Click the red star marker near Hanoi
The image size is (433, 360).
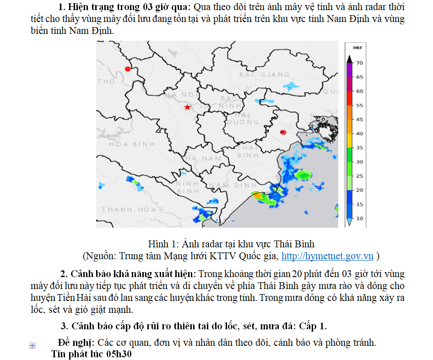click(187, 107)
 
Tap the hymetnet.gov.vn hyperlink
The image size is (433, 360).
click(327, 256)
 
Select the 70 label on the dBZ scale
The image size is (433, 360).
click(360, 63)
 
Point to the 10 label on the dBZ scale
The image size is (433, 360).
click(360, 218)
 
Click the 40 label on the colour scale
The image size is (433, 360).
click(360, 134)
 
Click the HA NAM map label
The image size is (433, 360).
click(203, 158)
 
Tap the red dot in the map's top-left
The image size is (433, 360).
click(128, 69)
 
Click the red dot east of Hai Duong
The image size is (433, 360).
click(282, 132)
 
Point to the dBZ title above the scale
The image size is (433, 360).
click(357, 48)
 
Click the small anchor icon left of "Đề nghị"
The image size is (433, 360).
click(32, 345)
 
